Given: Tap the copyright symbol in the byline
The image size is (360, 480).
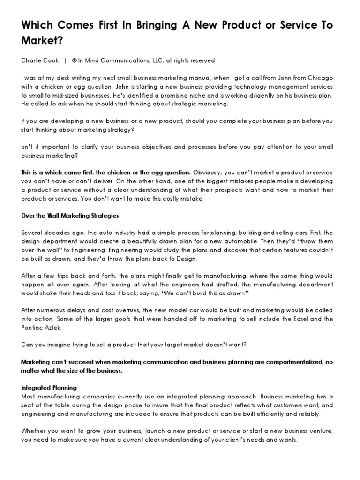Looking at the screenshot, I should (74, 60).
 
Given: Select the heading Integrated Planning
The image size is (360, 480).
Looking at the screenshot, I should (49, 388).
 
